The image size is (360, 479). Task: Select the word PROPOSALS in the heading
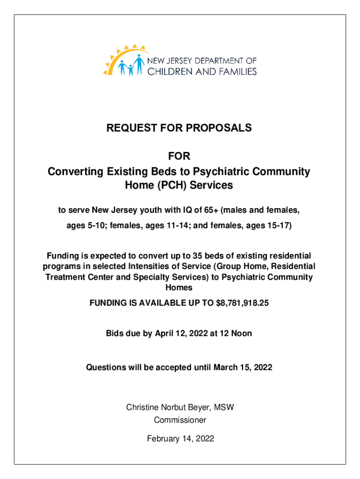pos(219,128)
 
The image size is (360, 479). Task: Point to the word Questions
pos(105,367)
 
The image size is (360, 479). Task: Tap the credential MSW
pos(225,407)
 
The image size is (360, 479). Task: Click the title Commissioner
pos(180,420)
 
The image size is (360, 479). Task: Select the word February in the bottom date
pos(162,439)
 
